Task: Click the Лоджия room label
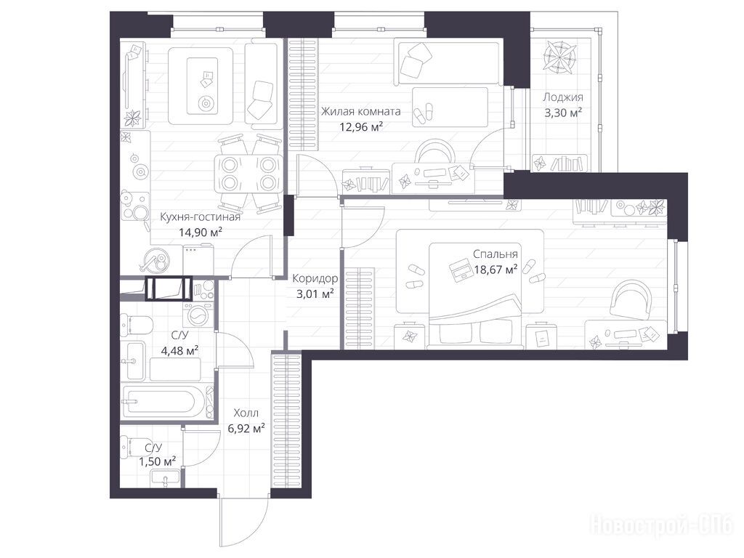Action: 563,98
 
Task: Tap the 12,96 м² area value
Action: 361,126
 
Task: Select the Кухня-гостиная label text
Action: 201,217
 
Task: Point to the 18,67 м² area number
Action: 496,270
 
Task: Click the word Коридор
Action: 315,278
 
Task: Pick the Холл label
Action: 246,413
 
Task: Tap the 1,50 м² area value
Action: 158,461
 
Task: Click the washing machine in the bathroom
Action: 198,315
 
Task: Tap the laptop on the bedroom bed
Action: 461,271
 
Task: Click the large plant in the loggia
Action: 560,57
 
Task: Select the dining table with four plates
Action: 248,173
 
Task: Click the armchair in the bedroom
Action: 631,299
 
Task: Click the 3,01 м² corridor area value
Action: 315,294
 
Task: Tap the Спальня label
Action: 496,254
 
